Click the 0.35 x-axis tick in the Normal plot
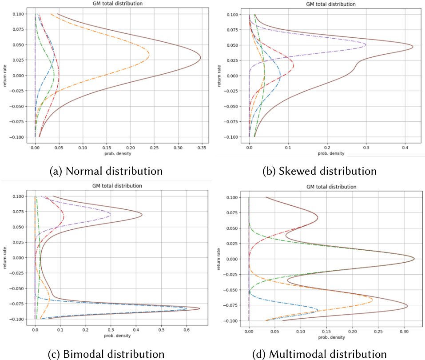(x=202, y=146)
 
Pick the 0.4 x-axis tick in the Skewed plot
(x=405, y=146)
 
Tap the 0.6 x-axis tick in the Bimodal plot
(x=187, y=330)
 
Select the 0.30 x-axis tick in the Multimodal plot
(x=404, y=331)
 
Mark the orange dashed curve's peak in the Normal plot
(x=149, y=55)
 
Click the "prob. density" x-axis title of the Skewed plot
(x=329, y=153)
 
